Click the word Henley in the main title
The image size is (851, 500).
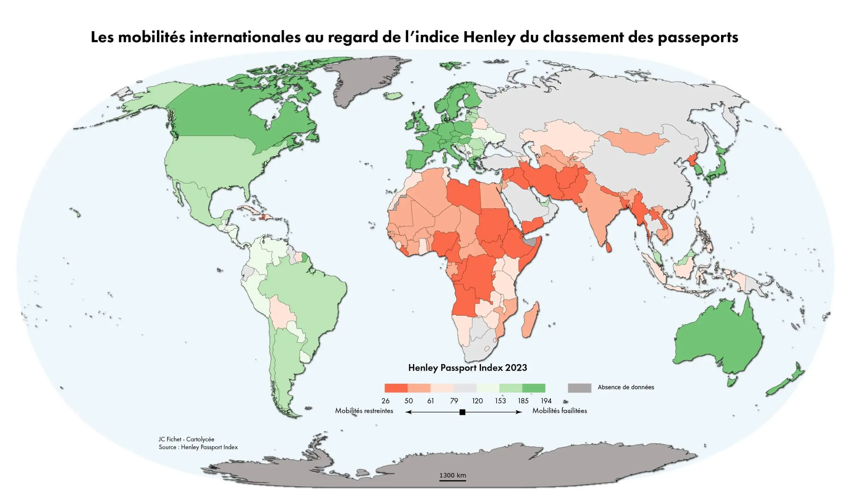pyautogui.click(x=489, y=37)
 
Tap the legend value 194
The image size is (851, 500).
pyautogui.click(x=546, y=401)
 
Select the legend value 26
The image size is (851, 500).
pyautogui.click(x=385, y=401)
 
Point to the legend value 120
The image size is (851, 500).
pyautogui.click(x=477, y=401)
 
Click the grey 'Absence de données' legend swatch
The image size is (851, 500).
pyautogui.click(x=579, y=388)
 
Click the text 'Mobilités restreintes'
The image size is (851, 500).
pyautogui.click(x=364, y=411)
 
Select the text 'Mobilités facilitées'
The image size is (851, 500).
pyautogui.click(x=559, y=411)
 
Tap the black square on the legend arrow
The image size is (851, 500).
pyautogui.click(x=463, y=412)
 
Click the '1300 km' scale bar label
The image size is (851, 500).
pyautogui.click(x=452, y=475)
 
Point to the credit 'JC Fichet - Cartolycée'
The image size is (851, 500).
pyautogui.click(x=186, y=439)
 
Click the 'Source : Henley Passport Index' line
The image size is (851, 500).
pyautogui.click(x=198, y=447)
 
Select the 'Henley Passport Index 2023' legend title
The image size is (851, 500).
pyautogui.click(x=467, y=368)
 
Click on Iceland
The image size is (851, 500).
pyautogui.click(x=393, y=96)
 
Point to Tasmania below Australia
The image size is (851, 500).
pyautogui.click(x=731, y=382)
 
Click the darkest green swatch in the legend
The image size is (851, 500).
pyautogui.click(x=534, y=388)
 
